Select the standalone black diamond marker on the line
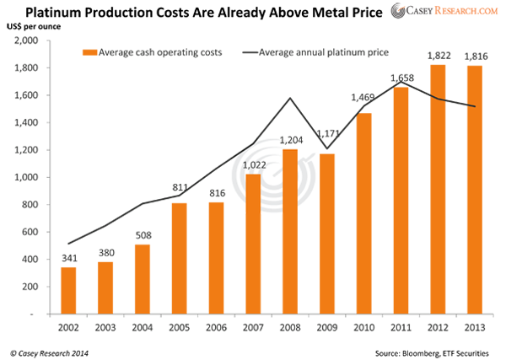pos(456,103)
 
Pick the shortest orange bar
pos(71,287)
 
